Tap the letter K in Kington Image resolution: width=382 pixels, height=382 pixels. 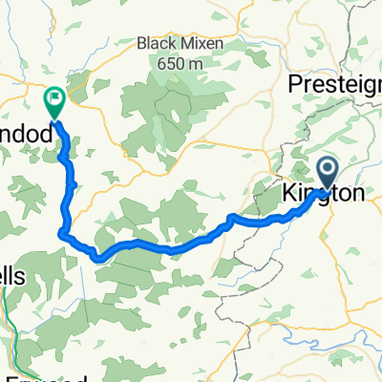tap(287, 194)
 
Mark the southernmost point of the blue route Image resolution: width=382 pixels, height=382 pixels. tap(97, 258)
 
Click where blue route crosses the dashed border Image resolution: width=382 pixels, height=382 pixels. tap(232, 222)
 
